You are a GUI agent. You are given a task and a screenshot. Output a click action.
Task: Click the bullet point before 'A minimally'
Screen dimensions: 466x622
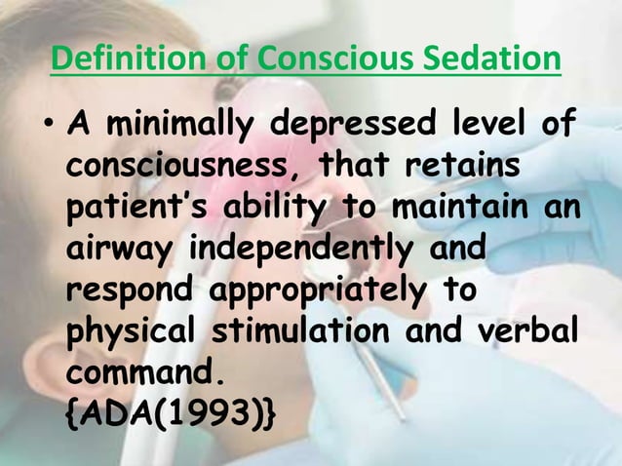coord(50,130)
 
